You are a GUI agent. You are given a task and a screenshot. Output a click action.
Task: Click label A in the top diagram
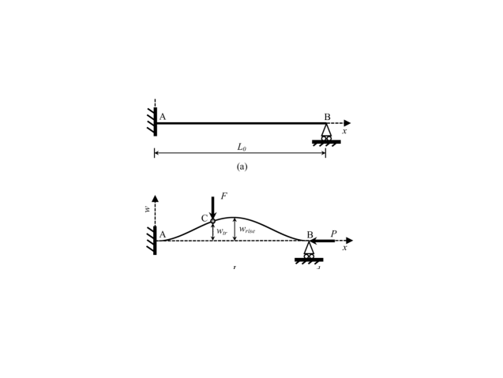[163, 117]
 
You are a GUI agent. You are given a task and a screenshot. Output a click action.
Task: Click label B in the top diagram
[327, 117]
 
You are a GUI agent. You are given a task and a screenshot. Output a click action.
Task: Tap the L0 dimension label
[242, 147]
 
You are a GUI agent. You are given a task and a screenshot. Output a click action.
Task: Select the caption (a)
[242, 167]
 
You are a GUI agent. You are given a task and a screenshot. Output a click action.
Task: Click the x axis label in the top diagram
[344, 131]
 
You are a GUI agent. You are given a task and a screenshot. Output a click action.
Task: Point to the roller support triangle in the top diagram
[326, 130]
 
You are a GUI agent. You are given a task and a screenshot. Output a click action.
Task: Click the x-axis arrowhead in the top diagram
[347, 123]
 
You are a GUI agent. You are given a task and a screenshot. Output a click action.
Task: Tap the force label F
[223, 196]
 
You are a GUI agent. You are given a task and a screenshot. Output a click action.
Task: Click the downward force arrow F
[212, 207]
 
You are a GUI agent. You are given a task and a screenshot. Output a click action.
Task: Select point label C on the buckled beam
[205, 219]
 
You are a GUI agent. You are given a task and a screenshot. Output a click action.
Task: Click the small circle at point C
[212, 221]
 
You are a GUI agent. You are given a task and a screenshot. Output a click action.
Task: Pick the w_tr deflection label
[222, 232]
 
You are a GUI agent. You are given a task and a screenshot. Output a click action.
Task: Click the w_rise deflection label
[247, 230]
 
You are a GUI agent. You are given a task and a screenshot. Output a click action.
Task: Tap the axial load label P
[333, 234]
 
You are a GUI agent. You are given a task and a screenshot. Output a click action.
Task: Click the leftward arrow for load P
[322, 241]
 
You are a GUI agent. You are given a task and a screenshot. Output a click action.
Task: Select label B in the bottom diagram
[310, 235]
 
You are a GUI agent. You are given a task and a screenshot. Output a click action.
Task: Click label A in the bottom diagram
[163, 234]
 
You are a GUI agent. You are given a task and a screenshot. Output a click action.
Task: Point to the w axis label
[147, 209]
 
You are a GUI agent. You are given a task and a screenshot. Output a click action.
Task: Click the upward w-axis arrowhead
[155, 199]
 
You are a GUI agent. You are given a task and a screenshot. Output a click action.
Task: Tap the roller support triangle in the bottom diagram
[309, 248]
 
